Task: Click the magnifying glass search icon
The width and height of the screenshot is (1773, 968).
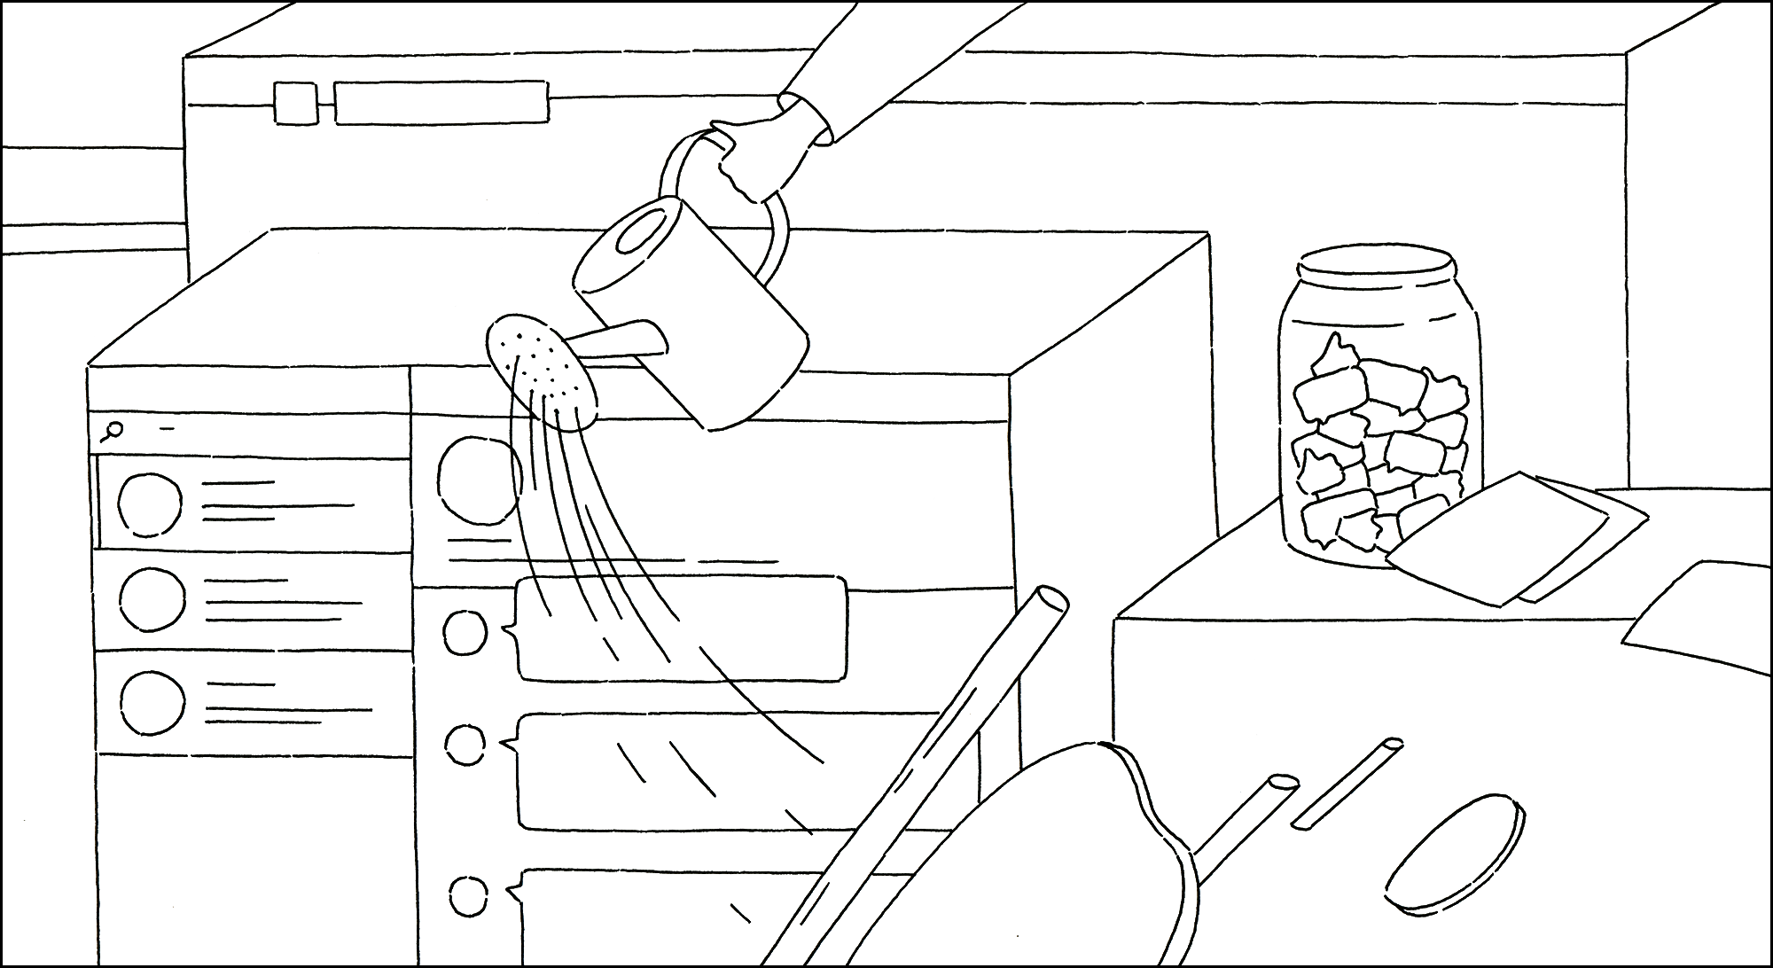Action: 113,432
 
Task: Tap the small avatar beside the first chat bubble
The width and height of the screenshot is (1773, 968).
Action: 465,632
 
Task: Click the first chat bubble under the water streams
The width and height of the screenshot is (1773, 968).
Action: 683,629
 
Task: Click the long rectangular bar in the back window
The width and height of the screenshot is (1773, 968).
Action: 441,103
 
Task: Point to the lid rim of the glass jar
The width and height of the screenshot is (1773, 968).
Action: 1377,267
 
